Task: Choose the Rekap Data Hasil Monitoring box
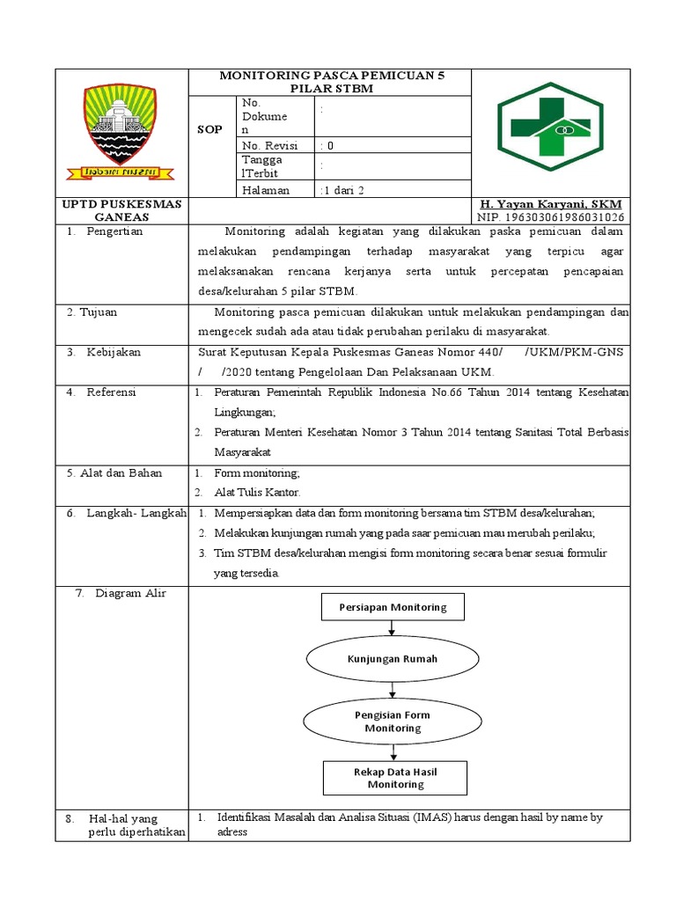tap(395, 778)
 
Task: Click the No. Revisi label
tap(269, 145)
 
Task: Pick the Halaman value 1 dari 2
tap(342, 190)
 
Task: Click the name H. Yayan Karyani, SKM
tap(551, 204)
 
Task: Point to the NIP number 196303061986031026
tap(551, 217)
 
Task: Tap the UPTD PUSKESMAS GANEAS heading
tap(121, 210)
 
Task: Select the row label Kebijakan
tap(114, 352)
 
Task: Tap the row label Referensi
tap(111, 392)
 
